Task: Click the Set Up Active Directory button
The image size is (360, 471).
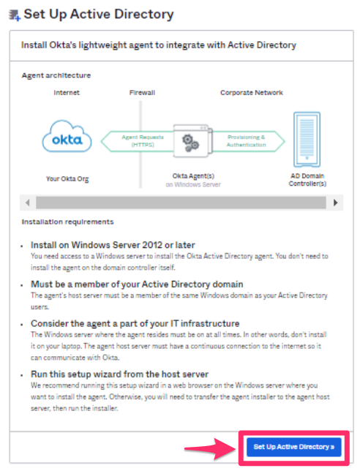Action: click(294, 446)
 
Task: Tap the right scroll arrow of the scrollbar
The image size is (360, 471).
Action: click(335, 202)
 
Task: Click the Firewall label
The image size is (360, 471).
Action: click(142, 94)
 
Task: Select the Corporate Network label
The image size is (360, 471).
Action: click(252, 94)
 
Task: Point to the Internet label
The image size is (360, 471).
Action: click(67, 94)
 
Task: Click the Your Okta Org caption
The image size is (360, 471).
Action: click(67, 178)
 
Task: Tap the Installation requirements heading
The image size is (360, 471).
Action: click(68, 221)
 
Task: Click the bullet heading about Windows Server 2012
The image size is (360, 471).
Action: click(113, 244)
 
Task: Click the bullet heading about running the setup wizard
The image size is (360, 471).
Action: click(120, 374)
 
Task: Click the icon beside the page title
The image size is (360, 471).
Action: click(13, 13)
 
